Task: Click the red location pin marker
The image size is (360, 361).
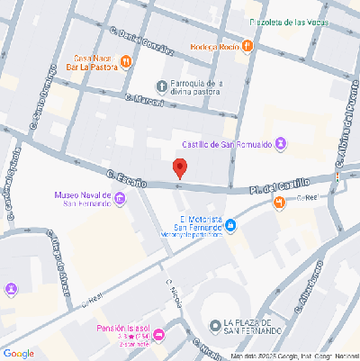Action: (x=180, y=167)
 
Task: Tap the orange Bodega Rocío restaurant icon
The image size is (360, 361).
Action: (x=247, y=47)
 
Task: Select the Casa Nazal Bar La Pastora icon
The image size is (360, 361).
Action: (x=126, y=61)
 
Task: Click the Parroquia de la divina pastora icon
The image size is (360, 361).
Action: (x=163, y=87)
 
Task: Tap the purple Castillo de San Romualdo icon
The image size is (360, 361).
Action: (x=282, y=143)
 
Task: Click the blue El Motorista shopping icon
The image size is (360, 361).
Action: (x=230, y=225)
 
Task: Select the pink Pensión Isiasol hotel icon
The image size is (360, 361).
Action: (x=159, y=336)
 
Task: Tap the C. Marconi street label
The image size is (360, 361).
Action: (x=144, y=100)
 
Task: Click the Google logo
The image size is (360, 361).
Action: (x=18, y=353)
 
